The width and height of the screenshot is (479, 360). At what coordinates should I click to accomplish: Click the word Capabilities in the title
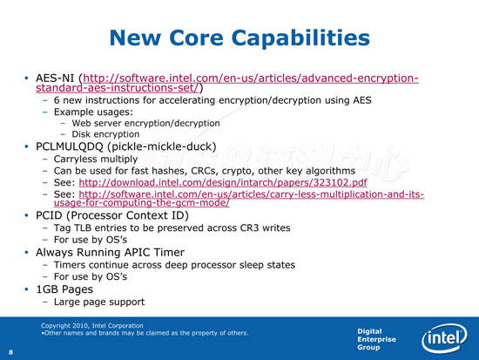(x=300, y=38)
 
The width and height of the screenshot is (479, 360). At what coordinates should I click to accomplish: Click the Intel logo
(x=444, y=338)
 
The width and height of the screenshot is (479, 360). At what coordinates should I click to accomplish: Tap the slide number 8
(x=11, y=352)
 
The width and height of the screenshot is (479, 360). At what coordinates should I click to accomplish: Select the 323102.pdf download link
(x=223, y=182)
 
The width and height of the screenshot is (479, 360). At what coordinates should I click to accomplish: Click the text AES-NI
(x=55, y=78)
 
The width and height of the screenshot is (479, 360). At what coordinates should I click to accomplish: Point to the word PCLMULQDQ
(x=70, y=146)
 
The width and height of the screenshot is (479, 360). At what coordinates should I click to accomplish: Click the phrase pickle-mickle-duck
(x=162, y=146)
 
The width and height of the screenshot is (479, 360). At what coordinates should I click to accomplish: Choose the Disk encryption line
(x=105, y=134)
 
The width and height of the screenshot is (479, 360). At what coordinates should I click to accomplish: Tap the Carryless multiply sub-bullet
(x=96, y=159)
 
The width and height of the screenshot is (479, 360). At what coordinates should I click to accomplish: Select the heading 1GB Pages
(x=64, y=289)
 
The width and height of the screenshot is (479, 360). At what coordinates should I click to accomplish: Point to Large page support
(x=99, y=302)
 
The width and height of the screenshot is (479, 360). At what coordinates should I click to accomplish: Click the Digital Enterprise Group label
(x=376, y=339)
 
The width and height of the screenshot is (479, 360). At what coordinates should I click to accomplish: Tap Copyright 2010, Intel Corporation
(x=92, y=326)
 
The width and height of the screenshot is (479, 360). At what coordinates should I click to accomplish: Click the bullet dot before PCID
(x=27, y=215)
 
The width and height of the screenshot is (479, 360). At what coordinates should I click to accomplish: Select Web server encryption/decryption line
(x=145, y=123)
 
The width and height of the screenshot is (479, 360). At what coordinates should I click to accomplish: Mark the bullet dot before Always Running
(x=27, y=252)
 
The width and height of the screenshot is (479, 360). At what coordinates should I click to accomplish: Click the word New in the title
(x=135, y=38)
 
